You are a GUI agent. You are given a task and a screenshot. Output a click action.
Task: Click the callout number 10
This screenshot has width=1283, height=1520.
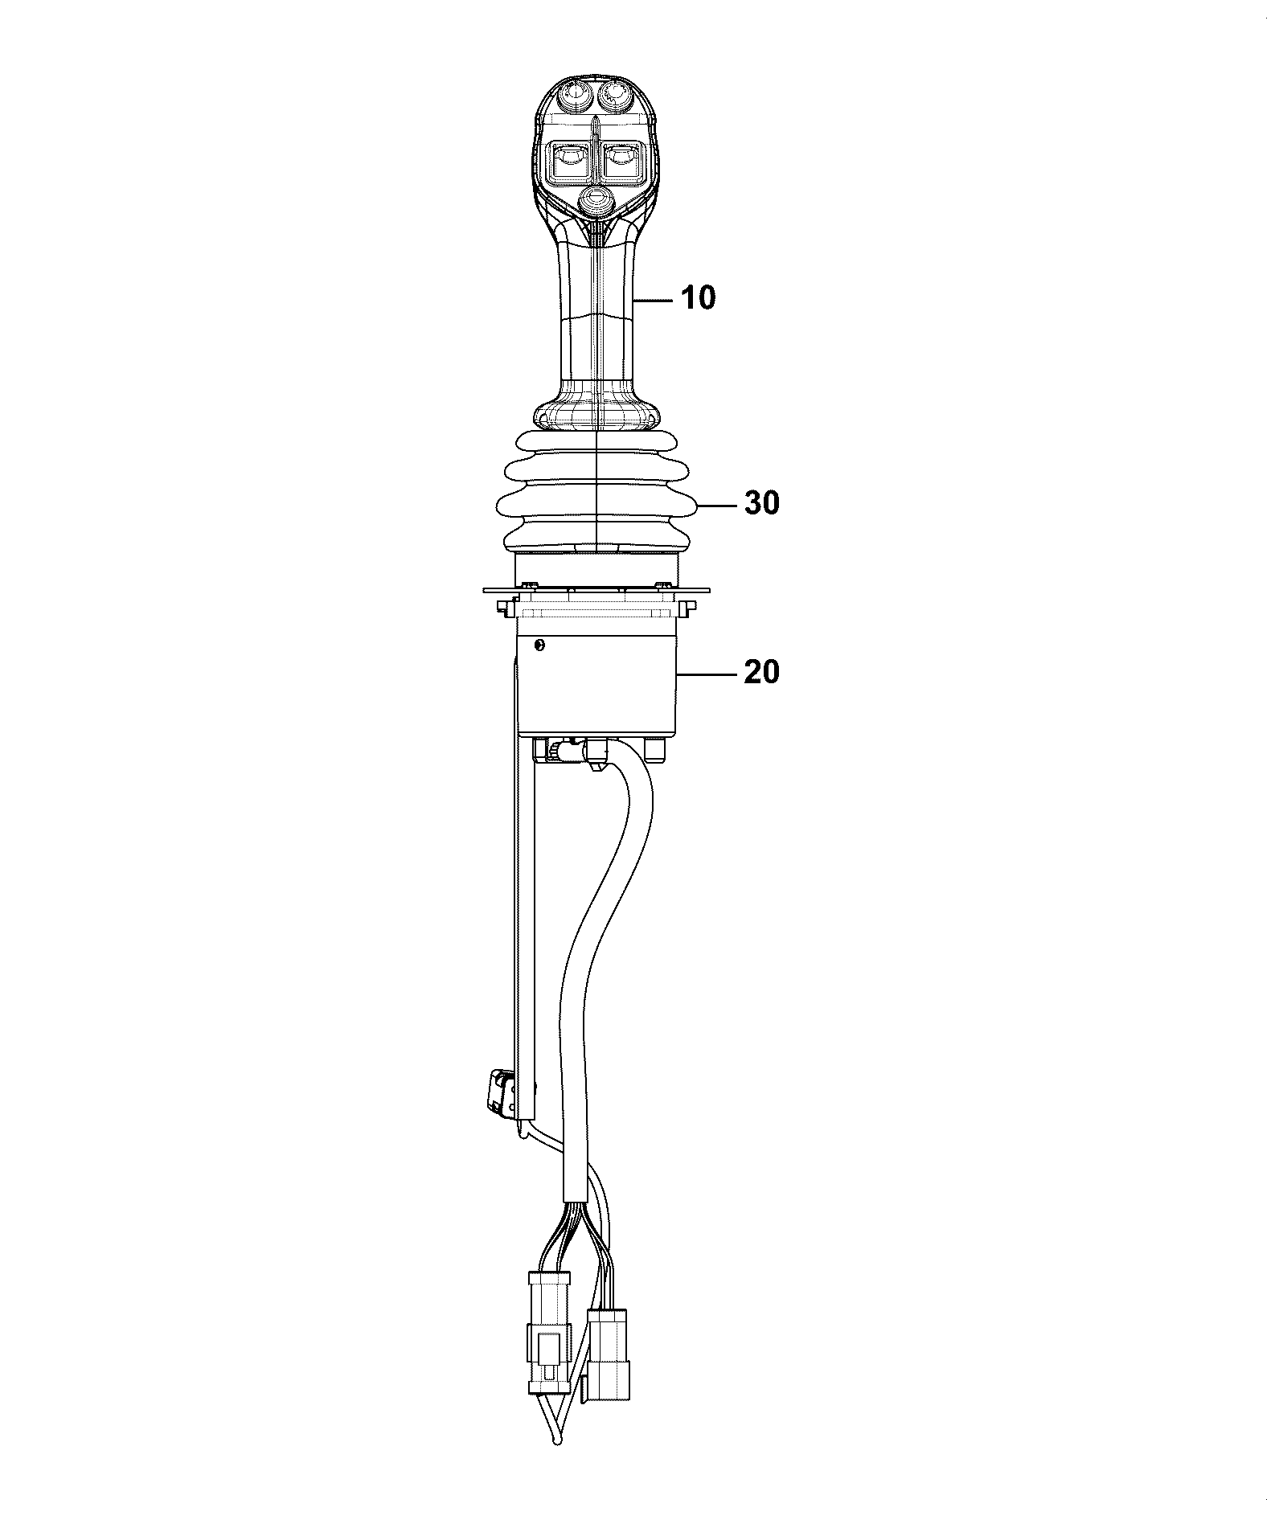tap(698, 298)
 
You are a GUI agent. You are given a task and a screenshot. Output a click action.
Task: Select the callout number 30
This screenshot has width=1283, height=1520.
tap(761, 503)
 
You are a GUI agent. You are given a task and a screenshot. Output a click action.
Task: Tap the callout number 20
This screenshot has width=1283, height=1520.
tap(761, 671)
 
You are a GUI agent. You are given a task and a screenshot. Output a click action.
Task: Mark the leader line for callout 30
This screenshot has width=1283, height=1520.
tap(718, 504)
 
